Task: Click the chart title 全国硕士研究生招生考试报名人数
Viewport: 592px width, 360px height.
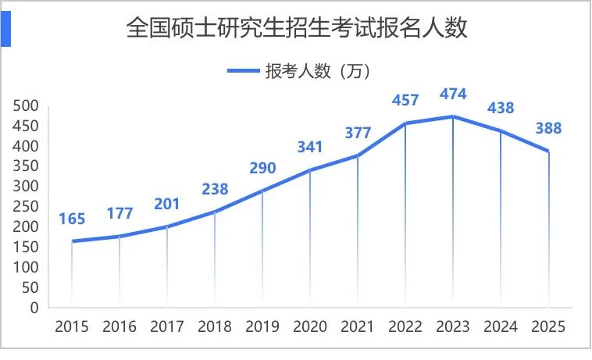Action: coord(296,29)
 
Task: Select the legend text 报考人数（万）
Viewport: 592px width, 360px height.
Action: coord(316,71)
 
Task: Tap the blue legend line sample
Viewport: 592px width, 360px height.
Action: coord(243,71)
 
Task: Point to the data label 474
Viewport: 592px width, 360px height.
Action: coord(453,94)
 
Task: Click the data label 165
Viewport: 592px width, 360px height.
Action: coord(72,219)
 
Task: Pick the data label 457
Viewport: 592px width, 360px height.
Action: coord(405,100)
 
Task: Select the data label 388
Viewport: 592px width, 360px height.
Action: coord(548,129)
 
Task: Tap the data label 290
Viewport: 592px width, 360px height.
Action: coord(262,168)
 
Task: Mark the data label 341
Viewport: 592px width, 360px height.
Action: coord(310,147)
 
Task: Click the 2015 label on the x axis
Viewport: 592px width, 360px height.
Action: coord(72,326)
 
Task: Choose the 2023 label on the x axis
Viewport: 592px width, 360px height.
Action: coord(453,326)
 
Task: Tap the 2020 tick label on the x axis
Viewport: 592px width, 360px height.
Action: coord(310,326)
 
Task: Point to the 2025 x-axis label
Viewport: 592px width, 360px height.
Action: coord(548,326)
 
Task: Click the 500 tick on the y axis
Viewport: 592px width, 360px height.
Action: coord(26,105)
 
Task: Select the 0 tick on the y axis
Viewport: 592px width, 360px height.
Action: coord(34,308)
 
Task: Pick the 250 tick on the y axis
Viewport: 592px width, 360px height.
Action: coord(26,206)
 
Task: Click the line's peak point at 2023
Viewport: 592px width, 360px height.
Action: coord(453,116)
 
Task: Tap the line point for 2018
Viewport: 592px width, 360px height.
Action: coord(215,212)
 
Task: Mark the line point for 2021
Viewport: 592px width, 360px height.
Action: coord(358,155)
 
